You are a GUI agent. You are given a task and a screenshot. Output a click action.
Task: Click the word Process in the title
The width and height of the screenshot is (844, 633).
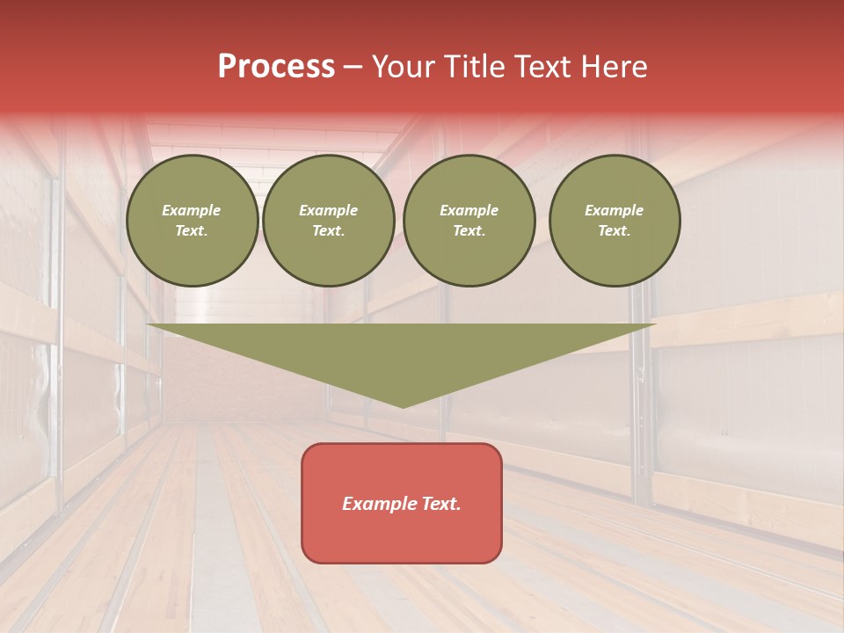click(x=276, y=67)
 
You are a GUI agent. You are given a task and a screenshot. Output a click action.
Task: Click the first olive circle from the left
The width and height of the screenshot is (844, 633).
click(x=193, y=221)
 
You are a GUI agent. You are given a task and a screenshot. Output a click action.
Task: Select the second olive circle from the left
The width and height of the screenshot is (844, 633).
click(x=329, y=221)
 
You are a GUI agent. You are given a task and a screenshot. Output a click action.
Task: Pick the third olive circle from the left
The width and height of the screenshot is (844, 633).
click(x=469, y=221)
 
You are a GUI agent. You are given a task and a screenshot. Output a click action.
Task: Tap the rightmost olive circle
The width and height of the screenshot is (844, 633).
click(x=615, y=221)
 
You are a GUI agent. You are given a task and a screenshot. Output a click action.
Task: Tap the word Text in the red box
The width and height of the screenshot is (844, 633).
click(x=440, y=504)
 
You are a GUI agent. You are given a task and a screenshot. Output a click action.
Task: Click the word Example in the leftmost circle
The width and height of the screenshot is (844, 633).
click(x=192, y=210)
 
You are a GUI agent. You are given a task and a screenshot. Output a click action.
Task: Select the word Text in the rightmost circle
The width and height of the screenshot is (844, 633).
click(x=615, y=231)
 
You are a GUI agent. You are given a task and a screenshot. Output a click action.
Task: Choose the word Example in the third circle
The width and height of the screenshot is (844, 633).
click(x=469, y=210)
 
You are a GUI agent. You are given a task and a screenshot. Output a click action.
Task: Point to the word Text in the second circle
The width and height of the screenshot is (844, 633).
click(x=329, y=231)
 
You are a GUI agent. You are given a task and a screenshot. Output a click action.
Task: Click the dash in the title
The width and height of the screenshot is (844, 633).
click(x=353, y=67)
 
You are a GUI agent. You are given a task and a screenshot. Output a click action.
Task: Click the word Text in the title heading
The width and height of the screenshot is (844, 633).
click(x=540, y=67)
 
